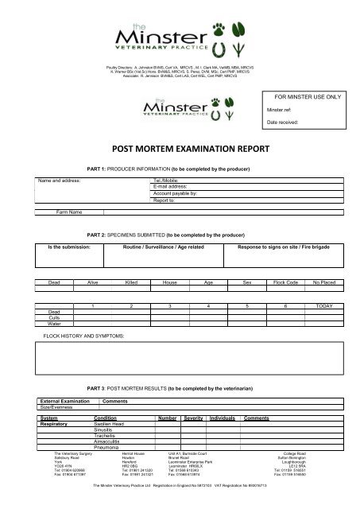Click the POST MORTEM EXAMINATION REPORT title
pyautogui.click(x=180, y=146)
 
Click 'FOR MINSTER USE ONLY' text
pyautogui.click(x=306, y=94)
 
